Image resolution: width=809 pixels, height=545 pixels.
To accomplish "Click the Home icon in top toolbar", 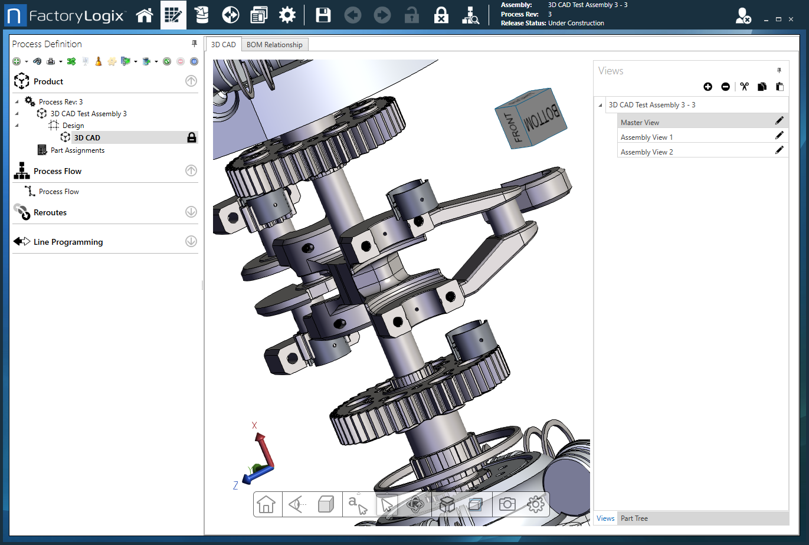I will (145, 15).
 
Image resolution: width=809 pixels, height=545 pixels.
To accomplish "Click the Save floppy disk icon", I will (323, 15).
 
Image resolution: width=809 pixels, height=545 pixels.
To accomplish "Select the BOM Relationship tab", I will (274, 45).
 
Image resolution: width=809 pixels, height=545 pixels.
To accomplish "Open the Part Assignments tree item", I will (77, 150).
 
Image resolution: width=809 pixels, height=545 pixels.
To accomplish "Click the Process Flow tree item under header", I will (58, 192).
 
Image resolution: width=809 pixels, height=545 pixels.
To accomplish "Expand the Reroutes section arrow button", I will (191, 212).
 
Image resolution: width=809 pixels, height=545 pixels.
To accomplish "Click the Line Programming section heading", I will (68, 242).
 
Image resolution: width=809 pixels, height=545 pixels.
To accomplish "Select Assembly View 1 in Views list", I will (646, 137).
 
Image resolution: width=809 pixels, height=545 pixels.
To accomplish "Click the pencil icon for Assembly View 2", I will (779, 150).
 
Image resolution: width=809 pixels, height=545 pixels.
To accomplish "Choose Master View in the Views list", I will (640, 123).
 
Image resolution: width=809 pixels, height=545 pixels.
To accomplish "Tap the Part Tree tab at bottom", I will (634, 518).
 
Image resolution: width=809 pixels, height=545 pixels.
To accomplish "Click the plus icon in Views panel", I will (708, 87).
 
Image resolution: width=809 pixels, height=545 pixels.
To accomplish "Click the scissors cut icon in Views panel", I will (744, 87).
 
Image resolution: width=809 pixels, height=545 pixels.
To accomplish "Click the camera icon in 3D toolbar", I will (507, 504).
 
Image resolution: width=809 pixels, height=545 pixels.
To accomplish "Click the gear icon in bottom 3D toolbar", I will (535, 504).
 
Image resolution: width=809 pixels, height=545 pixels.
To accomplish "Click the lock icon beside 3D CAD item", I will (192, 137).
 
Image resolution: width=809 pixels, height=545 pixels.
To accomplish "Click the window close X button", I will (791, 19).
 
